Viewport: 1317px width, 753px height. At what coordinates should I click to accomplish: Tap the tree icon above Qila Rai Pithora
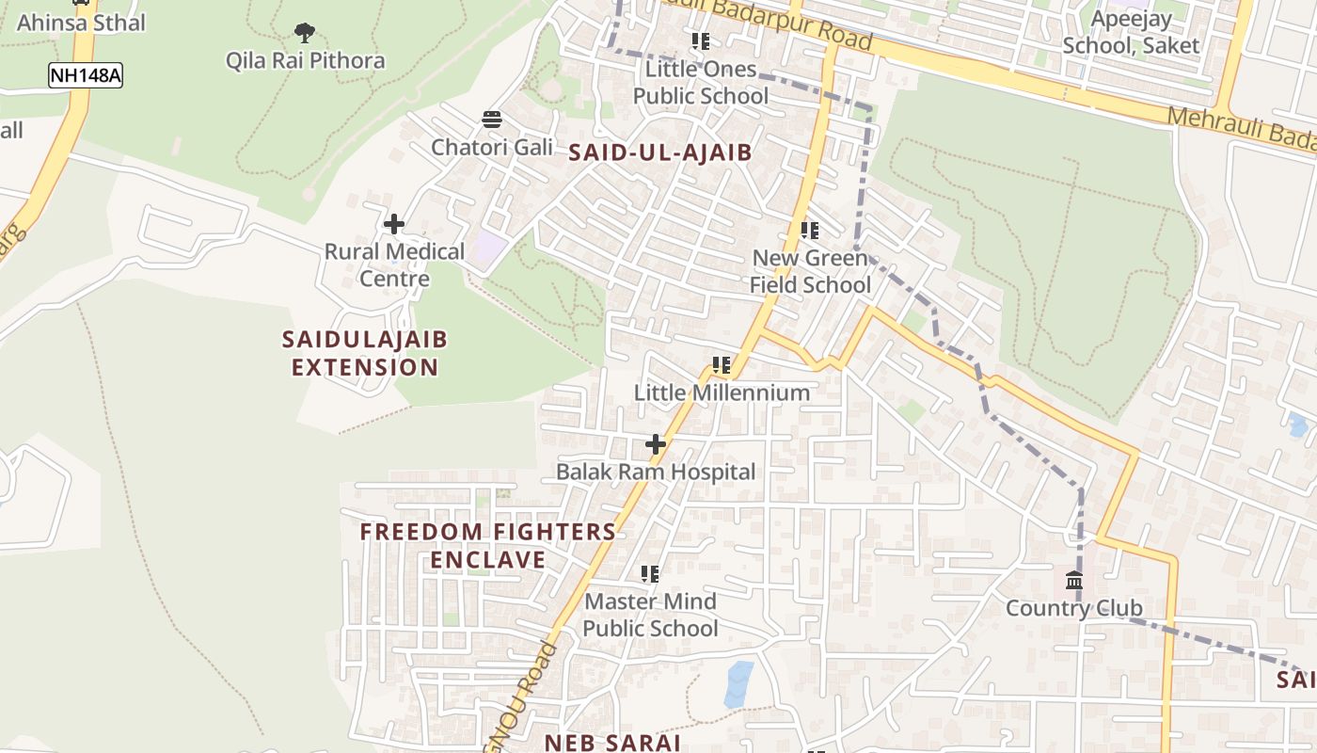pyautogui.click(x=304, y=34)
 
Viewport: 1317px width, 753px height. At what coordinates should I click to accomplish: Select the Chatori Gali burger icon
pyautogui.click(x=492, y=120)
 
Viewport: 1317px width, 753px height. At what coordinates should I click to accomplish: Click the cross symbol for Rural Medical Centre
pyautogui.click(x=394, y=224)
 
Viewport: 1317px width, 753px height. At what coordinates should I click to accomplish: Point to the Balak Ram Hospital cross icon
pyautogui.click(x=656, y=444)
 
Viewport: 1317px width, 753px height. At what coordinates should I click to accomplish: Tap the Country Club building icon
pyautogui.click(x=1074, y=580)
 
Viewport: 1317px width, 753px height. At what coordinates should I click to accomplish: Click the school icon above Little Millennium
pyautogui.click(x=722, y=365)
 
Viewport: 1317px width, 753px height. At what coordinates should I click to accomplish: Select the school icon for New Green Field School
pyautogui.click(x=810, y=231)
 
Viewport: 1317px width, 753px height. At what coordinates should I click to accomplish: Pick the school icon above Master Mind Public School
pyautogui.click(x=650, y=573)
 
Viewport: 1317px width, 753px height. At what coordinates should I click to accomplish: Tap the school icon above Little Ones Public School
pyautogui.click(x=701, y=41)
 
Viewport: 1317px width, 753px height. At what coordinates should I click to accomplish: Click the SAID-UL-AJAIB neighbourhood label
pyautogui.click(x=660, y=152)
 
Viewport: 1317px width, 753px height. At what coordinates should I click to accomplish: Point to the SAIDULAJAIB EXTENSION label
pyautogui.click(x=365, y=353)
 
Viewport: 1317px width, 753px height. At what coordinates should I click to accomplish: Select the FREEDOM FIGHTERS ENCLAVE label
pyautogui.click(x=487, y=546)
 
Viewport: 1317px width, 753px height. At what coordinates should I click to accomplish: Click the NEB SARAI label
pyautogui.click(x=611, y=742)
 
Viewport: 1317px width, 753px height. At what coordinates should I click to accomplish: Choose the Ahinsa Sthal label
pyautogui.click(x=81, y=23)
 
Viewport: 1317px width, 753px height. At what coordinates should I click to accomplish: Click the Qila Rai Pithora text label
pyautogui.click(x=305, y=61)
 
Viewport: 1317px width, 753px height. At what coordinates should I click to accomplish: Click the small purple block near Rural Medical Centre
pyautogui.click(x=488, y=248)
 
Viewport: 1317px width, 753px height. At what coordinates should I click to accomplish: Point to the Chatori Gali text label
pyautogui.click(x=492, y=147)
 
